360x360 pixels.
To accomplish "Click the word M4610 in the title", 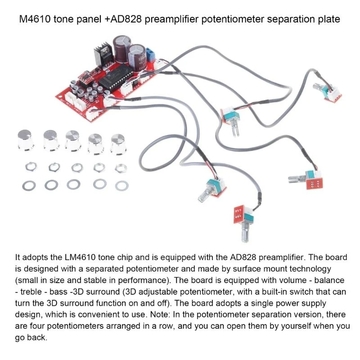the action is pos(35,20).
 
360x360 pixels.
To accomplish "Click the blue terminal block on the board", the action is pos(151,55).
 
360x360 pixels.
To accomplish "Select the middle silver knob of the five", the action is pos(72,141).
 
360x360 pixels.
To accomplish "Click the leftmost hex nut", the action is pos(27,167).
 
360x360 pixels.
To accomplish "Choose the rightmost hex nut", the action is pos(121,168).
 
